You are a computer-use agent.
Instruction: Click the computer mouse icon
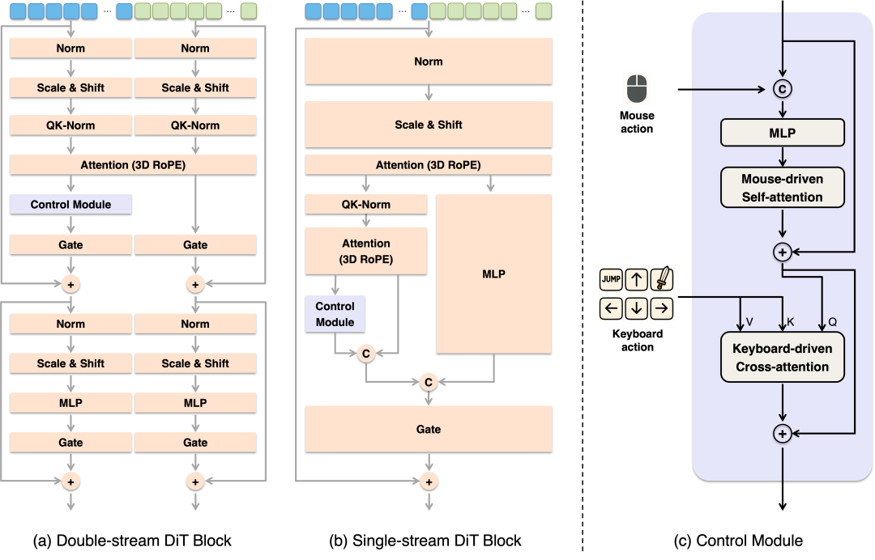coord(637,88)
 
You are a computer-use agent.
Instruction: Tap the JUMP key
coord(611,280)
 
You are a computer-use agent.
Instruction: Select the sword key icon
coord(662,280)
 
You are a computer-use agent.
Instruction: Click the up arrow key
coord(637,280)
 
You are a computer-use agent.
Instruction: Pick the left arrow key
coord(611,308)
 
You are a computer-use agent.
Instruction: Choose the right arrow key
coord(662,308)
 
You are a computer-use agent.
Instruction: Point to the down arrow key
coord(637,308)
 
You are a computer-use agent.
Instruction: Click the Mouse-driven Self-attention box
coord(782,188)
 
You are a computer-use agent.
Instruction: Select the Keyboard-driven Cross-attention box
coord(782,358)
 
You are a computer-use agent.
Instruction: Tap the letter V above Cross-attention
coord(749,322)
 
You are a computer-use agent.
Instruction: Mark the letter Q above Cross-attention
coord(832,322)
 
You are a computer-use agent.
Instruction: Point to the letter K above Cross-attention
coord(791,322)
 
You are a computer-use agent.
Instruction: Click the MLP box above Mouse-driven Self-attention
coord(782,133)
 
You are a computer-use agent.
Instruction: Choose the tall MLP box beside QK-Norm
coord(493,274)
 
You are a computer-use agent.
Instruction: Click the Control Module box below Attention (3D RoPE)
coord(335,314)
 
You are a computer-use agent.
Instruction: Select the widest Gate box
coord(428,429)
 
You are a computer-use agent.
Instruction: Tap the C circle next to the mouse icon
coord(782,89)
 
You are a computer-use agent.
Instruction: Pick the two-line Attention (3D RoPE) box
coord(365,251)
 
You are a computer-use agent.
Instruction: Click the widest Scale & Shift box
coord(428,125)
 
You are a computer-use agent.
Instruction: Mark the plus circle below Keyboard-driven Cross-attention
coord(782,434)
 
